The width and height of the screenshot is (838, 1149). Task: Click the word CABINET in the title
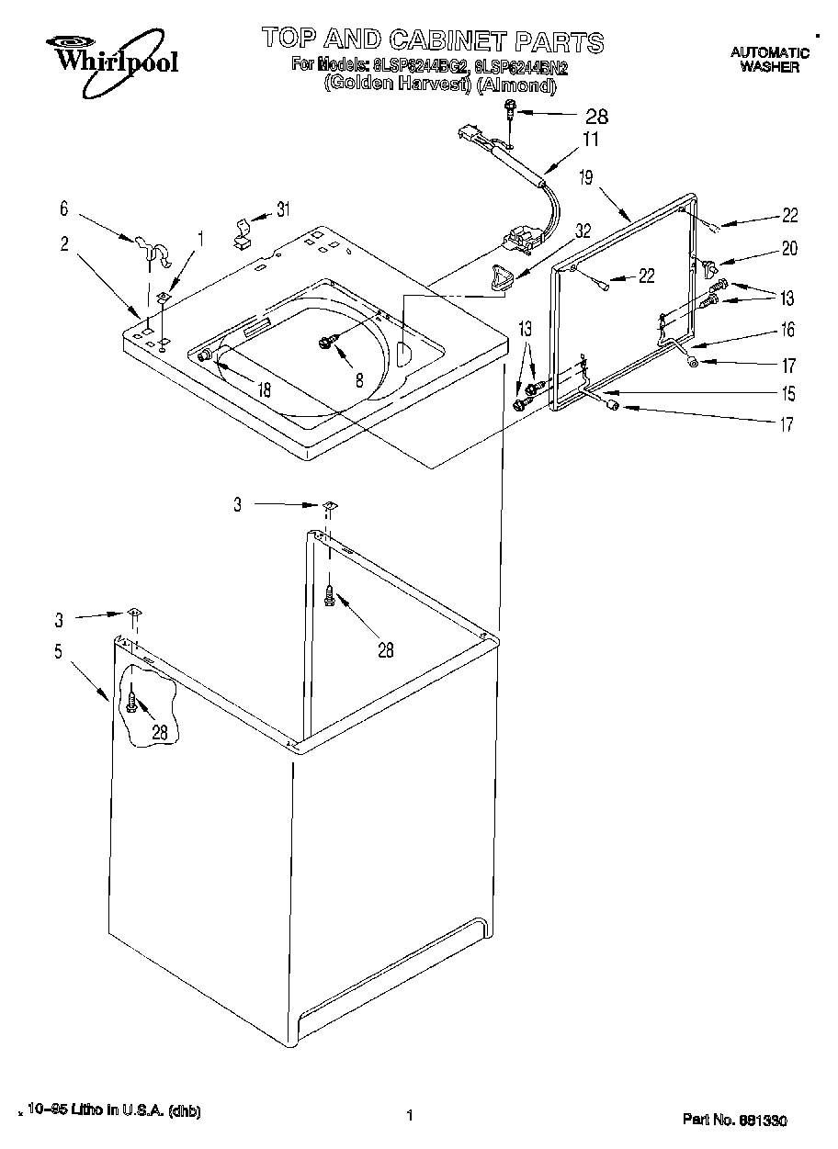tap(457, 40)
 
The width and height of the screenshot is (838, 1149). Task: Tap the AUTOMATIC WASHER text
tap(769, 60)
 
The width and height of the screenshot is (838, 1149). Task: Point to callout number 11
tap(590, 140)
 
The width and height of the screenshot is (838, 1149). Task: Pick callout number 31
tap(283, 209)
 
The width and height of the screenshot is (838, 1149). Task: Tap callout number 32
tap(582, 233)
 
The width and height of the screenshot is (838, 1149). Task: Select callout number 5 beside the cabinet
tap(58, 652)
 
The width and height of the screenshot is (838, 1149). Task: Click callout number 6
tap(63, 209)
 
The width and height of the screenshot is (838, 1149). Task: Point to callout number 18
tap(264, 389)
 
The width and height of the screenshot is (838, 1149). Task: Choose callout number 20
tap(789, 248)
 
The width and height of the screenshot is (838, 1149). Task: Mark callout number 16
tap(787, 330)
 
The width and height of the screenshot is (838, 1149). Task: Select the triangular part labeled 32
tap(500, 275)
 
